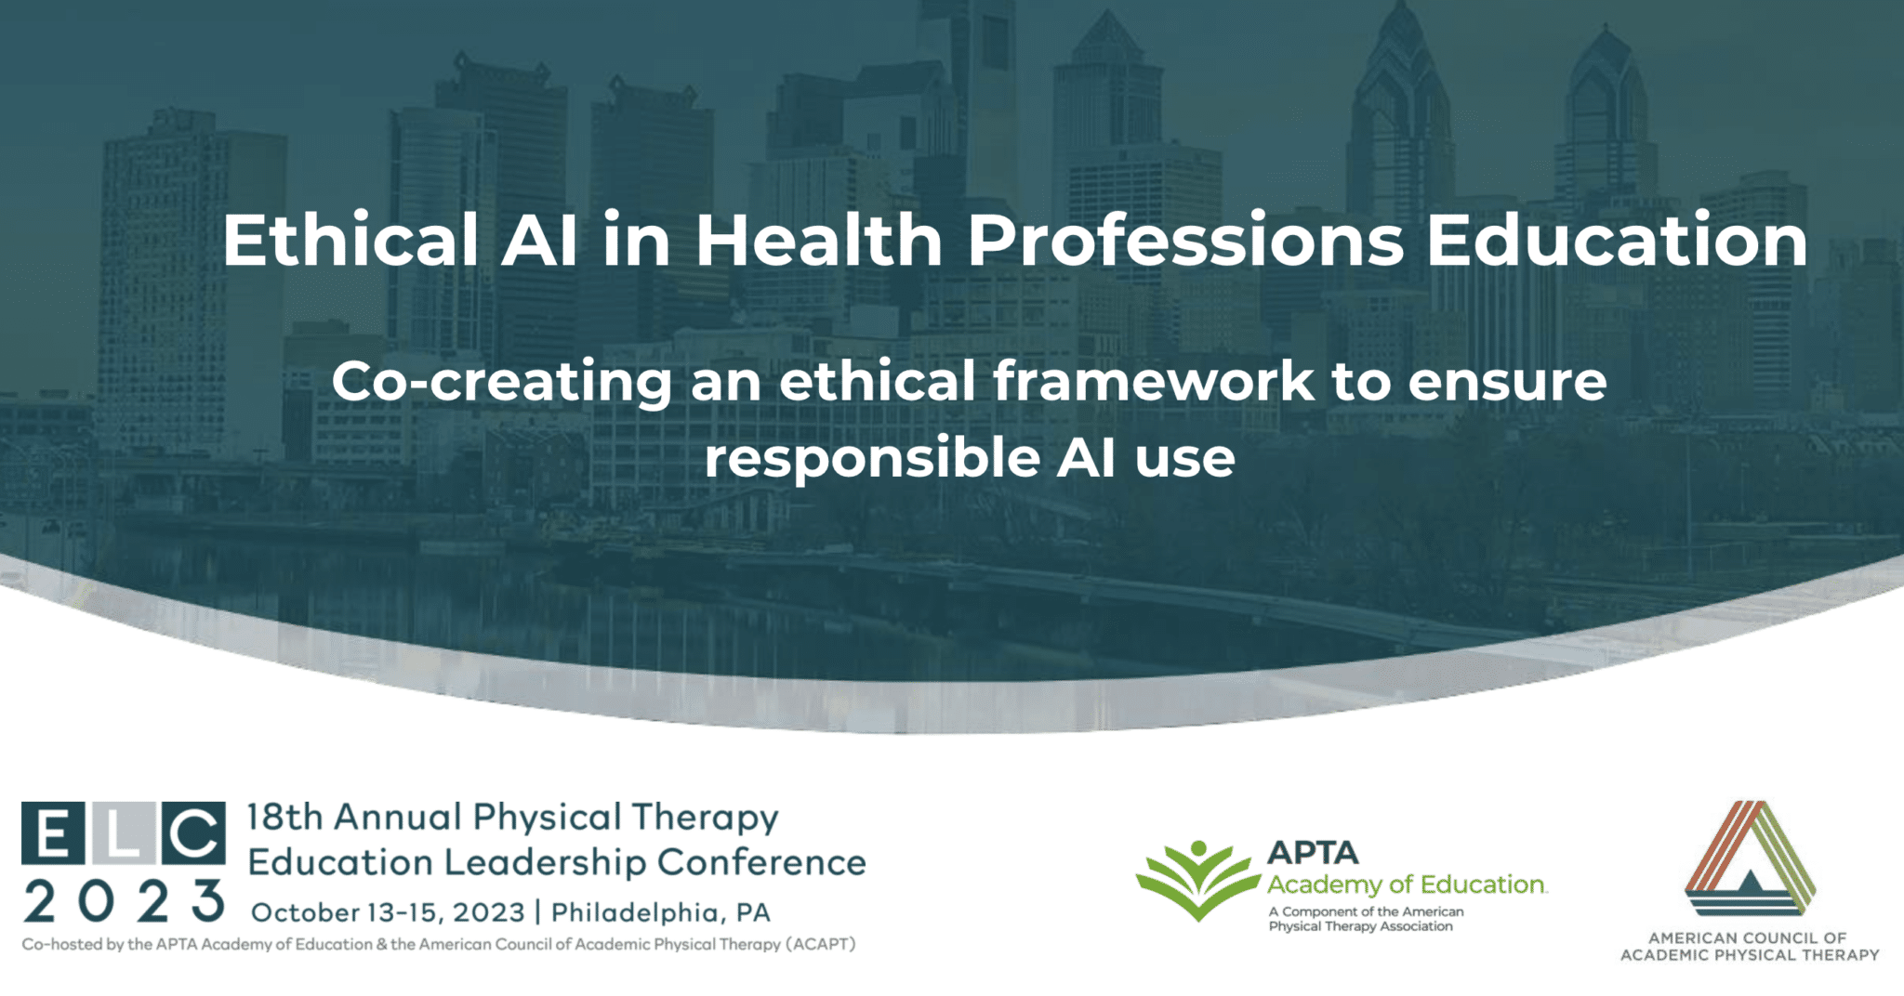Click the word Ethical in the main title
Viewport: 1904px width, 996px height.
(x=350, y=240)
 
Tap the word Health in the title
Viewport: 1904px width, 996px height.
(x=819, y=240)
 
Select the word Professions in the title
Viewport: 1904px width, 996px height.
(x=1185, y=240)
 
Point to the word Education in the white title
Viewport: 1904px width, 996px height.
(x=1618, y=240)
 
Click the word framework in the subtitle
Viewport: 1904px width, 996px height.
(x=1154, y=381)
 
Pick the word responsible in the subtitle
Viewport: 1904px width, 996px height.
(x=871, y=458)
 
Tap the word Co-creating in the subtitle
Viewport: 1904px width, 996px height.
(x=502, y=382)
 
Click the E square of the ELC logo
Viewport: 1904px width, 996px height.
(x=53, y=832)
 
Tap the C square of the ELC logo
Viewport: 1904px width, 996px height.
(x=193, y=832)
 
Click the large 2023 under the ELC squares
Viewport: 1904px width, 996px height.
(x=124, y=900)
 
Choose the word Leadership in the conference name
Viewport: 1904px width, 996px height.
(x=545, y=862)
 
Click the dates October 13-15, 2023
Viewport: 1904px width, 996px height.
(x=389, y=912)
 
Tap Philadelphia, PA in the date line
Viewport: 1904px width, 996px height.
(x=661, y=912)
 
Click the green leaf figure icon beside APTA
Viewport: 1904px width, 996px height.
(x=1198, y=879)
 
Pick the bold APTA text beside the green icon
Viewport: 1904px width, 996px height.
(x=1313, y=853)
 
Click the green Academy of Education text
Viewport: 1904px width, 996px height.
(x=1407, y=885)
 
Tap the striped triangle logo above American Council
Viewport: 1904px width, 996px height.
(x=1750, y=858)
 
